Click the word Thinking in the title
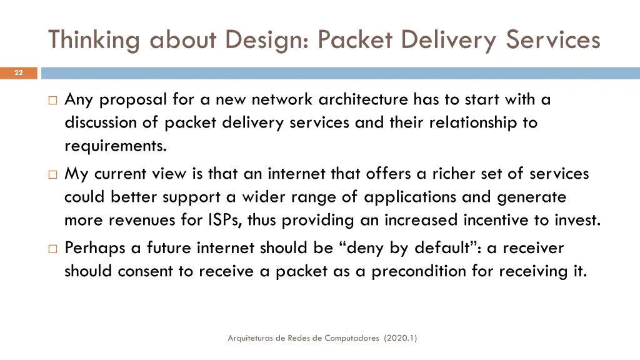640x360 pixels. [x=94, y=40]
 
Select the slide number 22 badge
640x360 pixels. [x=19, y=73]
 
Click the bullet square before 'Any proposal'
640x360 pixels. [x=52, y=100]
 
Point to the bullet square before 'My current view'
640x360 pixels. [x=52, y=174]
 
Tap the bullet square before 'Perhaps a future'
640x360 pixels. [x=52, y=249]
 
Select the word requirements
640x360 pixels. [x=116, y=146]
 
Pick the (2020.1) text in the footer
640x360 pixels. [x=401, y=338]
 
